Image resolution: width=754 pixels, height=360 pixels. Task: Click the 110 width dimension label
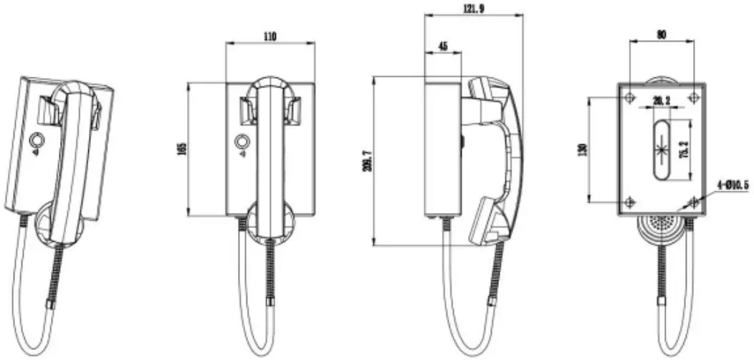coord(270,35)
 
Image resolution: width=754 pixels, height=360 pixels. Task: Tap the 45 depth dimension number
coord(442,47)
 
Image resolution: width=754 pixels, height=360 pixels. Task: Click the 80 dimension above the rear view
coord(661,34)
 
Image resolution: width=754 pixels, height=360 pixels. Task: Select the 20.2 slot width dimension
coord(661,101)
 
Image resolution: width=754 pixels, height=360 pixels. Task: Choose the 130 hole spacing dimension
coord(582,149)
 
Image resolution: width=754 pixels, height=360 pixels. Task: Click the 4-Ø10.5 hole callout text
coord(731,186)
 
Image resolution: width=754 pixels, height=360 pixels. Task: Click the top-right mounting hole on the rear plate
coord(693,97)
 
